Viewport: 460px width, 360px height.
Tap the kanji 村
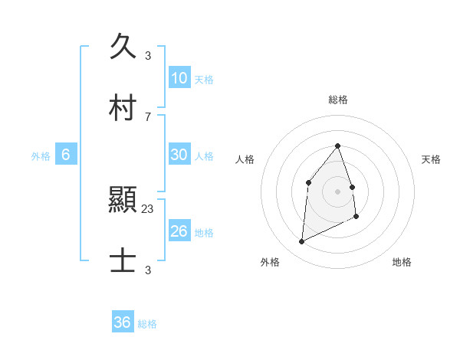(123, 109)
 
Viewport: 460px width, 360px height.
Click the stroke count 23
(148, 208)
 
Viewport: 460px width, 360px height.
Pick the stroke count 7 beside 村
(148, 116)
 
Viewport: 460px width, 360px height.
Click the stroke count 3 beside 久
(148, 55)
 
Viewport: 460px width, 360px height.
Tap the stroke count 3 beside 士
(148, 270)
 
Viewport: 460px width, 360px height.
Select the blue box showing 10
(179, 78)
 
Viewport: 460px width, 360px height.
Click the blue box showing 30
(179, 155)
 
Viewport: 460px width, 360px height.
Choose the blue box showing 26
(179, 231)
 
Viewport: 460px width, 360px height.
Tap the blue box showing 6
(66, 155)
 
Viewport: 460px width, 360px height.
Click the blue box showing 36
(123, 322)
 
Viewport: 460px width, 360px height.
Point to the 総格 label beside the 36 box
(147, 324)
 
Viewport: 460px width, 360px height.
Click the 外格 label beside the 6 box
(41, 156)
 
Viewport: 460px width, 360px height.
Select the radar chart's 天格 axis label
(432, 159)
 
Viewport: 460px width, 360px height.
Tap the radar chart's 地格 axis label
(402, 262)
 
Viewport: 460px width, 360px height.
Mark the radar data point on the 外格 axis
(301, 242)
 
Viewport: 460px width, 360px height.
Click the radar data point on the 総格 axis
(338, 146)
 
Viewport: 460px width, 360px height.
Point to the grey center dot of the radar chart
(338, 191)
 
